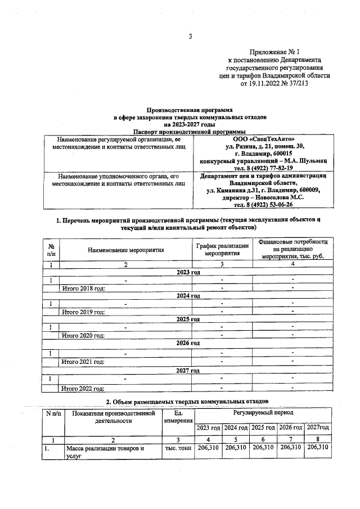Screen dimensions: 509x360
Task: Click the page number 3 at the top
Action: coord(190,38)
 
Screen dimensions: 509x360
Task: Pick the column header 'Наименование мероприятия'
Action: coord(126,249)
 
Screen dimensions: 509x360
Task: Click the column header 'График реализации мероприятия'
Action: coord(222,249)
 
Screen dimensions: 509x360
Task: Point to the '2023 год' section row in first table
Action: coord(188,272)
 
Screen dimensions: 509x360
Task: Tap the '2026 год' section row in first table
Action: coord(188,343)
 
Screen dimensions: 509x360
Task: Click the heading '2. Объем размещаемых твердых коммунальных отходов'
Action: coord(190,400)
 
